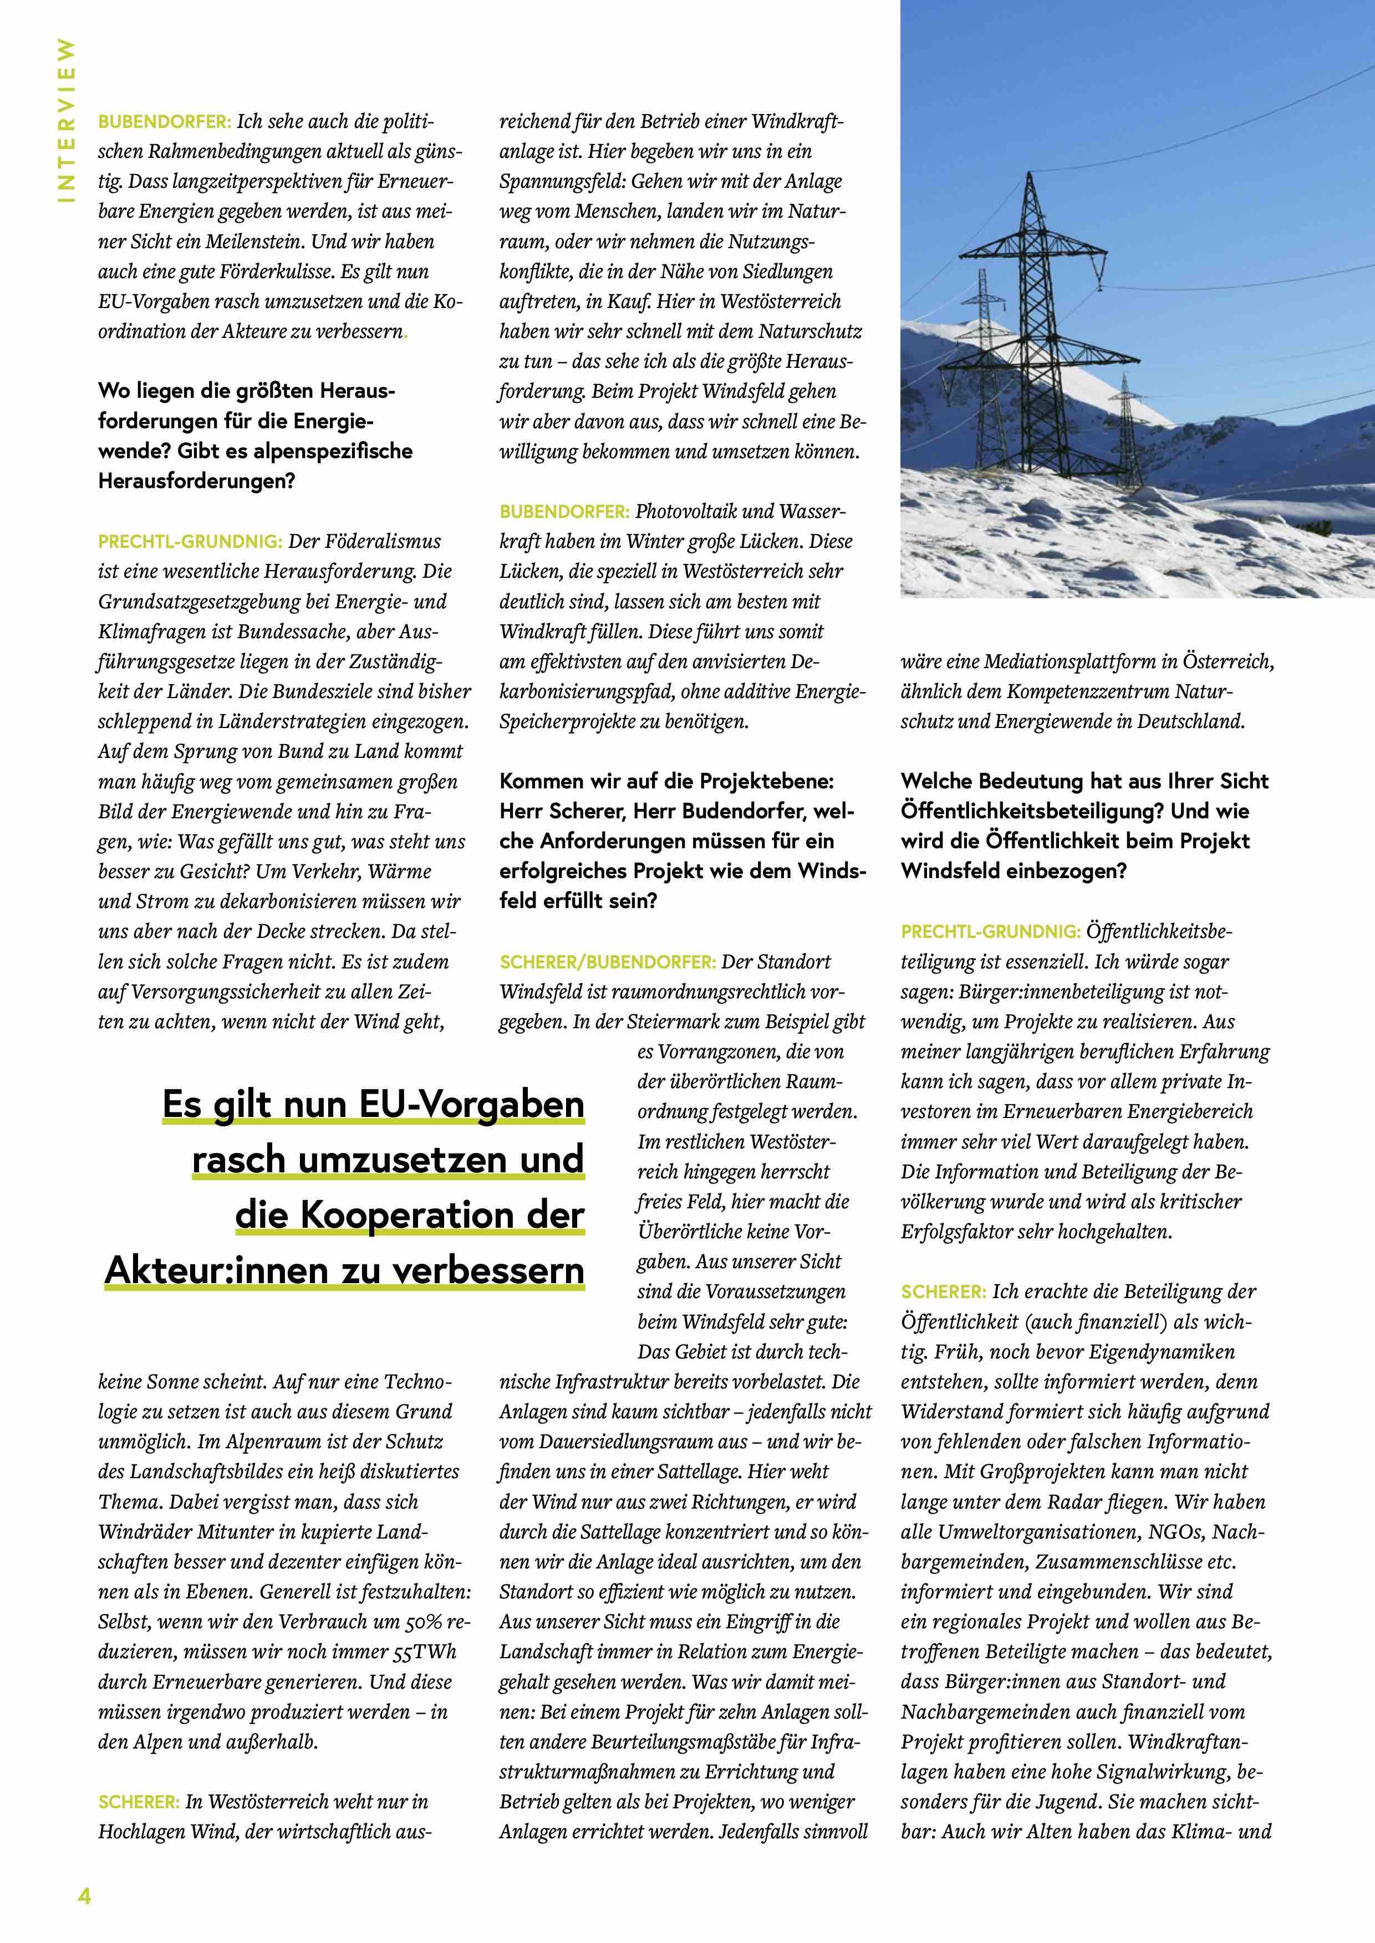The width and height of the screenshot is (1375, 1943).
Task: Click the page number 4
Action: coord(84,1895)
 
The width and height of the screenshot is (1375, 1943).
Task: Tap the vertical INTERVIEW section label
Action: coord(65,120)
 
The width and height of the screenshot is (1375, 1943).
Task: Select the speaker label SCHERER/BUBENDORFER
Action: coord(607,962)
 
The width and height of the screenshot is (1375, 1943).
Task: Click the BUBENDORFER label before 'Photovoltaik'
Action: coord(564,512)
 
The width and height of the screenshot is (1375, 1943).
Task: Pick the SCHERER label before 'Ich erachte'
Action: coord(943,1292)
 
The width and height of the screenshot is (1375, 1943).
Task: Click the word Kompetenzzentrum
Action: coord(1089,691)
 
